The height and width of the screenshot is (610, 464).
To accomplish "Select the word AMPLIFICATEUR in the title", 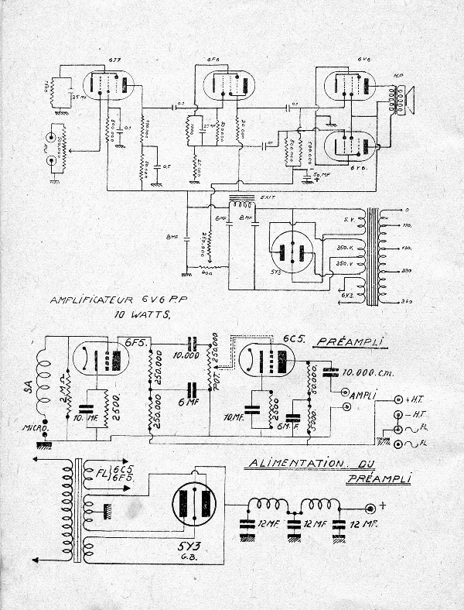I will (86, 300).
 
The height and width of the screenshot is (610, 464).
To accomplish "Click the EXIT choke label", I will (268, 199).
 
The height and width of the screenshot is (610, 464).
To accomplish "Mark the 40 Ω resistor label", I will (206, 273).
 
